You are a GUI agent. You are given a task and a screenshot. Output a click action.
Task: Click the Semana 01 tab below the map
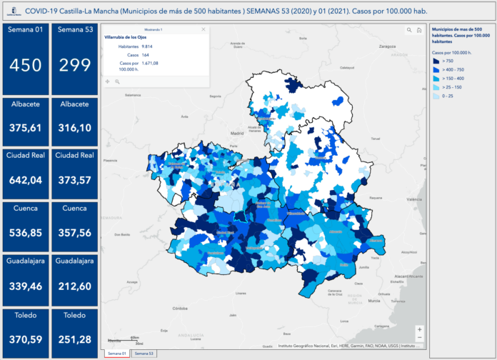pos(116,354)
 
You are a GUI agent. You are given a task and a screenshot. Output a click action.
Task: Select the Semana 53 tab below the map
pos(144,354)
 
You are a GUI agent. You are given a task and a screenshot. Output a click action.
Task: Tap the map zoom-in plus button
pos(419,329)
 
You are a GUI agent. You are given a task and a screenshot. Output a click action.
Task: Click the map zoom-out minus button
pos(419,338)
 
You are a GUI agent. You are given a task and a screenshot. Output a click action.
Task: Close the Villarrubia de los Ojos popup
pos(204,29)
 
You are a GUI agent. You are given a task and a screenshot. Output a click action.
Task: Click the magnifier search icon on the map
pos(409,31)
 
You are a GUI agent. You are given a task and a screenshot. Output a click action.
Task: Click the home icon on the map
pos(419,31)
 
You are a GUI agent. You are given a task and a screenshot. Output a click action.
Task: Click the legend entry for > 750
pos(449,61)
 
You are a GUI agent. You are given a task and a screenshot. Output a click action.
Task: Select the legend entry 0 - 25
pos(448,96)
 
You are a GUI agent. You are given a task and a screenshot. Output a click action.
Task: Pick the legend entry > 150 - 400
pos(453,79)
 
